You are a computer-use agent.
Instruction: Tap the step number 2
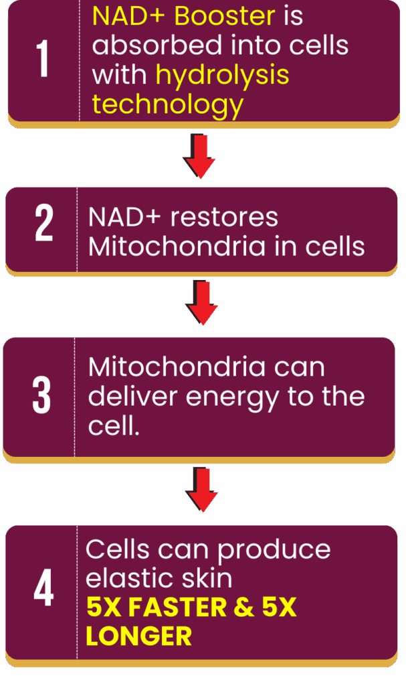point(43,225)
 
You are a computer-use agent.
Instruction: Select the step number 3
point(41,397)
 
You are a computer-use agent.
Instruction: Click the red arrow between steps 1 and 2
point(199,155)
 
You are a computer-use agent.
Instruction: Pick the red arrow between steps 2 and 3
point(201,303)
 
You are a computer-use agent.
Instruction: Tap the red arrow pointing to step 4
point(202,490)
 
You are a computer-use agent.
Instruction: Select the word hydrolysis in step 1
point(223,75)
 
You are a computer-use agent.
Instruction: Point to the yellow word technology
point(167,104)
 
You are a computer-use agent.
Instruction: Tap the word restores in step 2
point(225,217)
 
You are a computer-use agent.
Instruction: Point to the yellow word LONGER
point(138,636)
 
